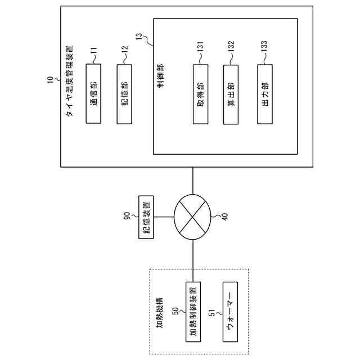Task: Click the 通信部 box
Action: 93,93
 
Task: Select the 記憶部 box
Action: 124,93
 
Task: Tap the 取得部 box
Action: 200,94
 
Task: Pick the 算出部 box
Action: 231,94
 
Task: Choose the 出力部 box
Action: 265,94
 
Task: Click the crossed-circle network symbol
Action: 193,217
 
